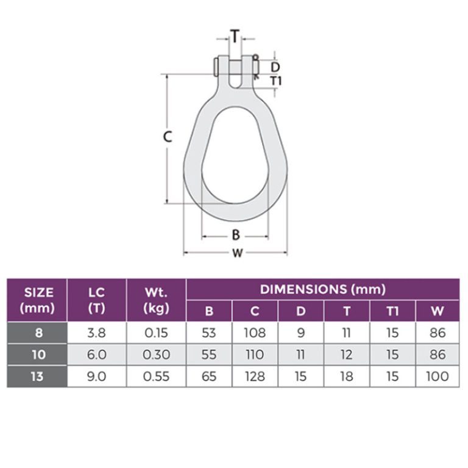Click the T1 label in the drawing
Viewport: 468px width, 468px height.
click(276, 80)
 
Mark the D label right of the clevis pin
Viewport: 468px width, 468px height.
click(275, 66)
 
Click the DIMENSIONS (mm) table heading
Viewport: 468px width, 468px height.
click(324, 289)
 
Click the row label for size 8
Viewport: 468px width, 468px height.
click(37, 333)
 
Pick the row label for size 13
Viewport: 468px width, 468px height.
click(37, 376)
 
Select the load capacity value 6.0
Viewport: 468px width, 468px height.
click(96, 355)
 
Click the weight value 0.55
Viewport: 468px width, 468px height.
click(156, 376)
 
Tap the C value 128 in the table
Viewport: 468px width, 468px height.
click(255, 376)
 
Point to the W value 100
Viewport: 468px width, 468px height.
click(438, 376)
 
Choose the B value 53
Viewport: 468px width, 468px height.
click(209, 333)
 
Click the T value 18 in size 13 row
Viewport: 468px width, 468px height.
click(347, 376)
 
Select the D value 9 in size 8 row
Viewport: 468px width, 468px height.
click(301, 333)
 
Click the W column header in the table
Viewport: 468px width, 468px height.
click(438, 311)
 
